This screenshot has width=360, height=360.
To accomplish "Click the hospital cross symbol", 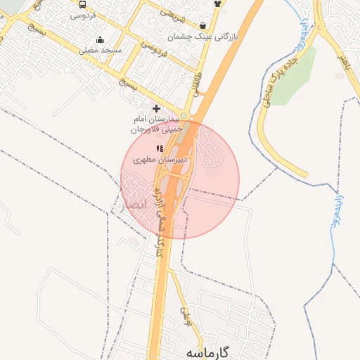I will (156, 109).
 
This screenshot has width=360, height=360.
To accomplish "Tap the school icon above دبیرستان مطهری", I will (160, 148).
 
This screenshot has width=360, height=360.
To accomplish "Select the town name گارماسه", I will (209, 352).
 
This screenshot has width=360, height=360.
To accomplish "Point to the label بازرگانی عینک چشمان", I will (204, 36).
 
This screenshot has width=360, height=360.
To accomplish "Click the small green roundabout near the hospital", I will (184, 116).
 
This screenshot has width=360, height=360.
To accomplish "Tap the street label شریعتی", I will (172, 13).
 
